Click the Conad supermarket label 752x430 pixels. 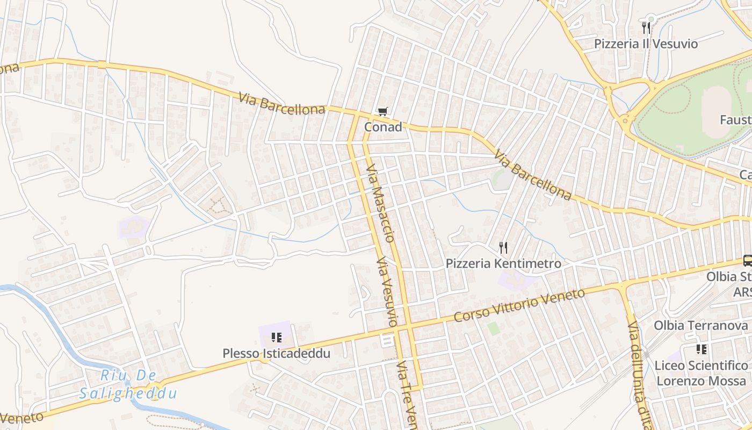[383, 127]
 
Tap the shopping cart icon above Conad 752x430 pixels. [382, 112]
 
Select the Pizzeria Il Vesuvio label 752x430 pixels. [646, 44]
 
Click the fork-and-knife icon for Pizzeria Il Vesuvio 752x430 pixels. [646, 27]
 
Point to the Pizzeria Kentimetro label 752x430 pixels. [503, 263]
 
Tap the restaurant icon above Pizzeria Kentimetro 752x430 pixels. [503, 248]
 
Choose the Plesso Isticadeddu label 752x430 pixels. [277, 354]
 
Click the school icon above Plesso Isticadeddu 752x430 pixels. [277, 338]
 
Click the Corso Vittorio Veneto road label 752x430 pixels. [519, 305]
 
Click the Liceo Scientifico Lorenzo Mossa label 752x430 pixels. [701, 372]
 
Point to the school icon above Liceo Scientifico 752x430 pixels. [701, 349]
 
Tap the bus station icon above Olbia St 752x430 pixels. [747, 261]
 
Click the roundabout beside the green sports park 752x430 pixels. [626, 119]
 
